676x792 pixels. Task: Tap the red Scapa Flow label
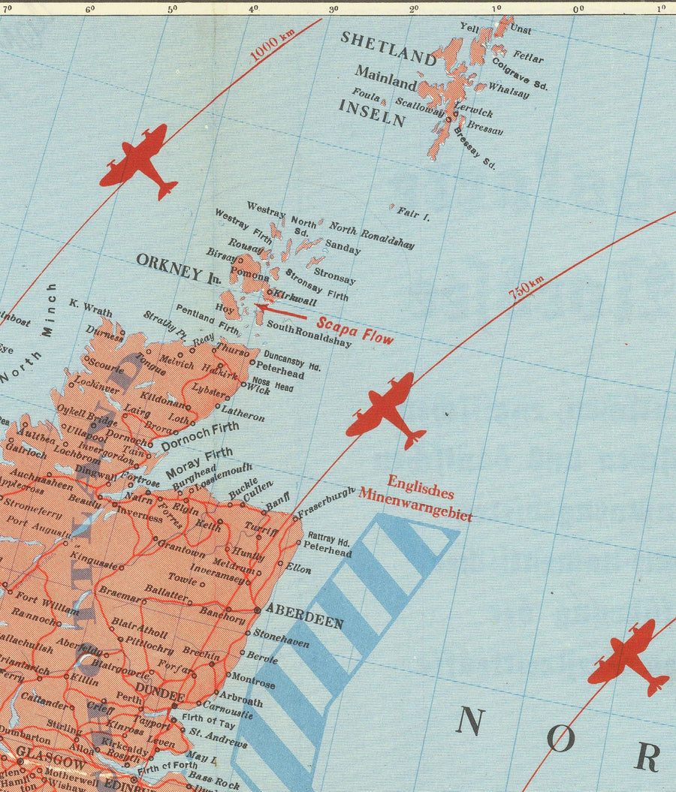tap(355, 331)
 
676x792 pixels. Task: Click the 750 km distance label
tap(527, 288)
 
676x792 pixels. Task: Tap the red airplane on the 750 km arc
tap(386, 411)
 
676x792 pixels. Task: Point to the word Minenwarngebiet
tap(415, 504)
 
